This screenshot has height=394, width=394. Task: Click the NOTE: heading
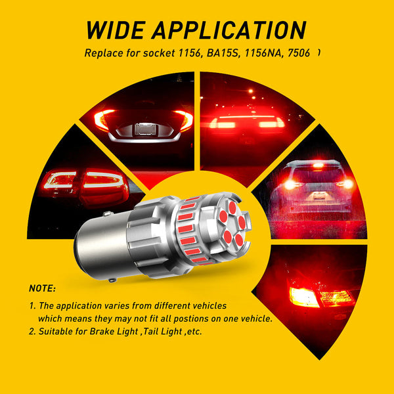point(43,288)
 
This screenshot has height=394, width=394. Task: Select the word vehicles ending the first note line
point(204,305)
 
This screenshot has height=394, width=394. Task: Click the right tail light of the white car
point(183,120)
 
